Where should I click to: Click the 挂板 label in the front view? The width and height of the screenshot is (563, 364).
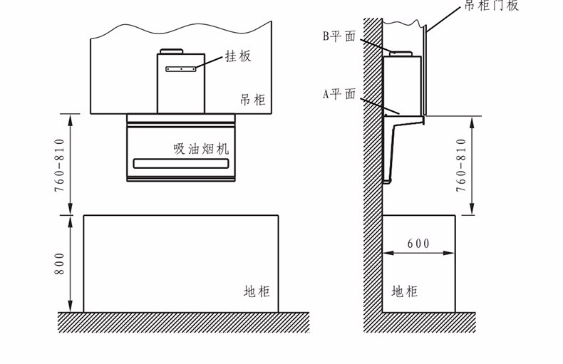point(238,56)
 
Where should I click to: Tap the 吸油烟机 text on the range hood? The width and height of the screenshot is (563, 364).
point(202,149)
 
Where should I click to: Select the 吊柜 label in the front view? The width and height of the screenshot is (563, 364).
point(252,100)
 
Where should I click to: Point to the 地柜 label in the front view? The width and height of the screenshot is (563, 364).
point(257,291)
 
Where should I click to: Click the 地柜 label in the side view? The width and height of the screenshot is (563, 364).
point(405,291)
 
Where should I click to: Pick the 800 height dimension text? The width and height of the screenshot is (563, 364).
point(60,264)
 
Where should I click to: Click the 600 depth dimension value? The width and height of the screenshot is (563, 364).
point(418,244)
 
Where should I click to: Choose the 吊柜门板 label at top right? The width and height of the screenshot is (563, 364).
point(492,6)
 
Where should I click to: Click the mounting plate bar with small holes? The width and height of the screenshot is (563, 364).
point(181,69)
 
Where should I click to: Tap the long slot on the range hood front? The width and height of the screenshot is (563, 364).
point(181,164)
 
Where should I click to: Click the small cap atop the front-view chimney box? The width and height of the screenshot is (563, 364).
point(172,51)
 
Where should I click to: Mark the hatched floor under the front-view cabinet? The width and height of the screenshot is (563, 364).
point(183,322)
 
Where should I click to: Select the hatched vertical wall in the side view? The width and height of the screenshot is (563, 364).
point(373,178)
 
